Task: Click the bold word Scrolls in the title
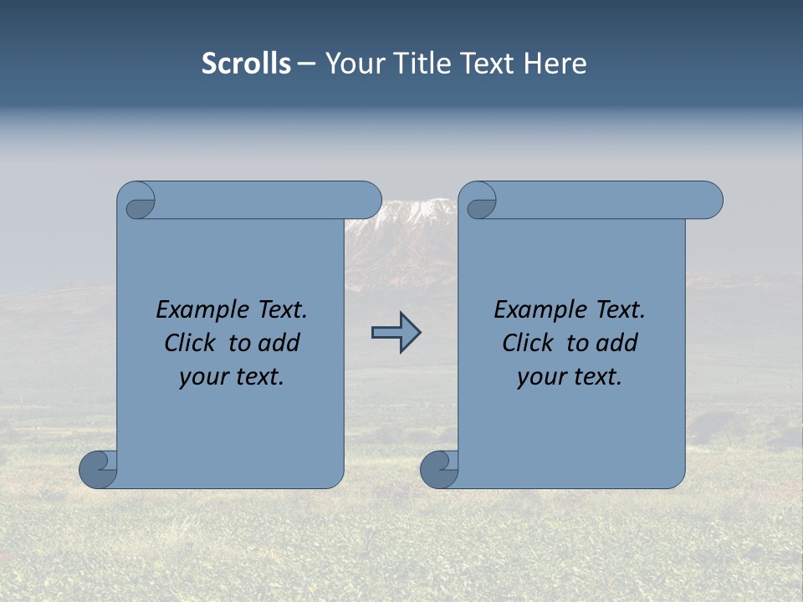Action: tap(246, 64)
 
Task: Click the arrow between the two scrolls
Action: tap(396, 333)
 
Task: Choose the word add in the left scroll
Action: tap(281, 344)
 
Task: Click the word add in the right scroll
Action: tap(619, 344)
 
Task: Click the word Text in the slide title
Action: tap(487, 64)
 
